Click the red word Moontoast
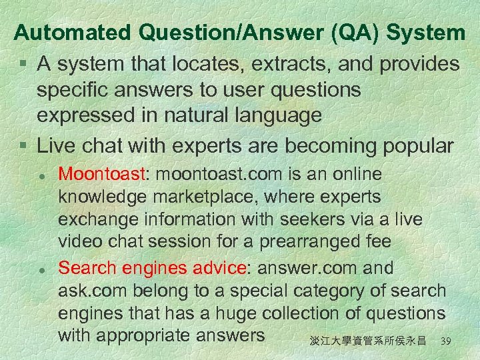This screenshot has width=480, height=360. click(x=101, y=175)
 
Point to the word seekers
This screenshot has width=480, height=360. click(x=306, y=220)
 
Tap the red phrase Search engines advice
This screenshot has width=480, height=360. click(x=151, y=268)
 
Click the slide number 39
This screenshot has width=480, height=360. click(x=447, y=341)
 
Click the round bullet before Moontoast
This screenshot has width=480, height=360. click(x=41, y=176)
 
